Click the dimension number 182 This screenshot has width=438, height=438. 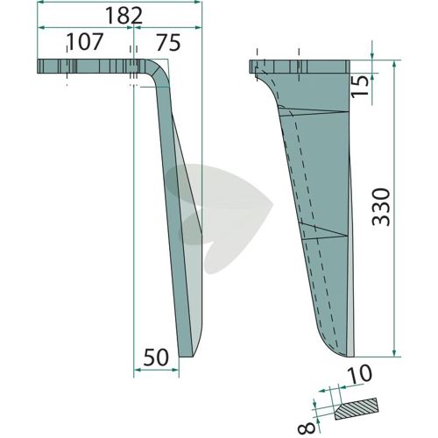point(124,16)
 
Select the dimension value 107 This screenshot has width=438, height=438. point(85,42)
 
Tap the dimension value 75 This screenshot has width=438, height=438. point(168,43)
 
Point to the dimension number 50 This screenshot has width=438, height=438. point(156,357)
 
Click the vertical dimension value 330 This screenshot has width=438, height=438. point(381,208)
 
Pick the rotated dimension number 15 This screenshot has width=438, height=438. point(359,87)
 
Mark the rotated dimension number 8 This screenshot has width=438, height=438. point(307,427)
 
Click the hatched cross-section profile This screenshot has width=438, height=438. point(357,409)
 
